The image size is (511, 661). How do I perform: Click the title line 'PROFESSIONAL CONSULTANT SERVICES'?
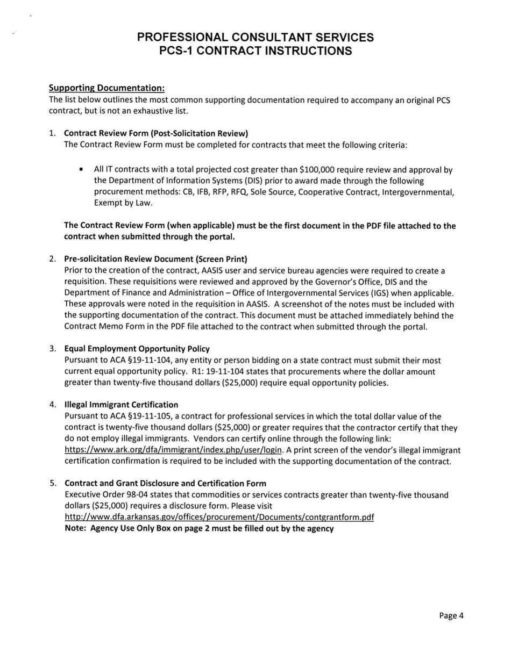(255, 37)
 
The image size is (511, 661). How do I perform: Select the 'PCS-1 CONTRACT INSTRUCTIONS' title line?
(255, 51)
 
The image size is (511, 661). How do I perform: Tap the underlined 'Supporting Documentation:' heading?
(107, 88)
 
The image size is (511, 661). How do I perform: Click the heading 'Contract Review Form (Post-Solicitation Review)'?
(156, 133)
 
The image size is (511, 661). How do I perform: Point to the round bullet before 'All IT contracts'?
(81, 170)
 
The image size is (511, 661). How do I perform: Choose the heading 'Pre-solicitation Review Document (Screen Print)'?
(155, 258)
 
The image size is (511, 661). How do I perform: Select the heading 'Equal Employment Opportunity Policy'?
(137, 349)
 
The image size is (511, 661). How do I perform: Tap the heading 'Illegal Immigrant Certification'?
(121, 405)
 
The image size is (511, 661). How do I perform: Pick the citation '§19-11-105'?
(150, 416)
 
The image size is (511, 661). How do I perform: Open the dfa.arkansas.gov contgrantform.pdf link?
(219, 517)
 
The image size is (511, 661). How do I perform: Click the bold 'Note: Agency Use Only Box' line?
(199, 528)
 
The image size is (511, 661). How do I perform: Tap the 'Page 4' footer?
(451, 616)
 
